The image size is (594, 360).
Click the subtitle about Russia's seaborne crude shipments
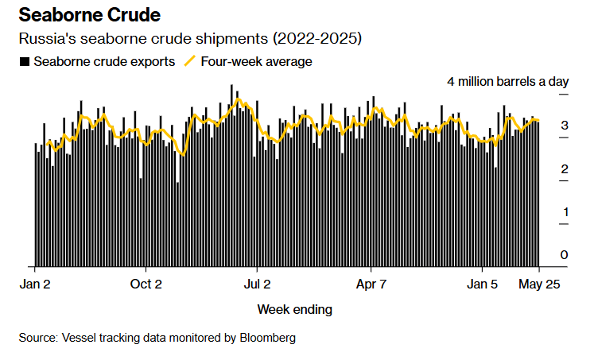coord(190,39)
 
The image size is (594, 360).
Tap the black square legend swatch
coord(24,61)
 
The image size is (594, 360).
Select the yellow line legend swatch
coord(190,61)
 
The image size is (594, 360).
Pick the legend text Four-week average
coord(256,61)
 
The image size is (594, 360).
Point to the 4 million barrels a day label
coord(508,82)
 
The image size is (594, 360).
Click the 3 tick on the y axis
coord(564,126)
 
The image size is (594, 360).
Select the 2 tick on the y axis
coord(564,169)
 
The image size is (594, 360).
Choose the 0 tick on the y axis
coord(564,255)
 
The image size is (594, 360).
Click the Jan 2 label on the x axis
coord(35,283)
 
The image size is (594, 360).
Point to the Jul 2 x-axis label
coord(257,283)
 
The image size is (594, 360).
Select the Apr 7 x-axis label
coord(371,283)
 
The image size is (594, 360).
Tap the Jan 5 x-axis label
coord(482,283)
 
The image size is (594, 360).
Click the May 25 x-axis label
coord(539,283)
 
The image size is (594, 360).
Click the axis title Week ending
coord(295,309)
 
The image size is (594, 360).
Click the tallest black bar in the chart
coord(231,175)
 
